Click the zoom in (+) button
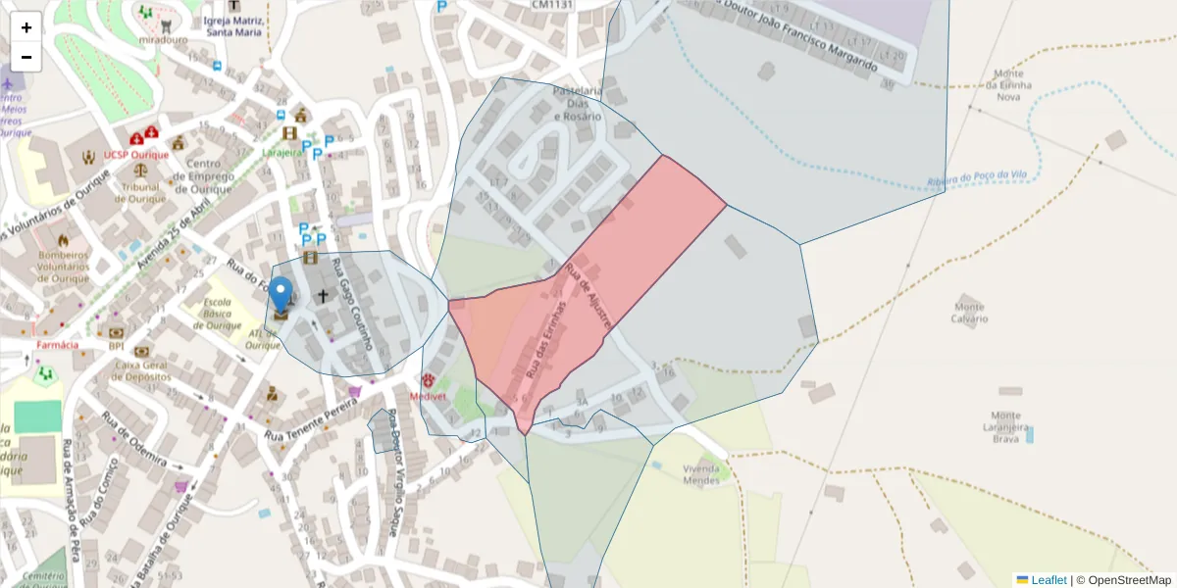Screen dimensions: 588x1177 (x=26, y=27)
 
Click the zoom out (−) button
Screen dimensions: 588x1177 (x=26, y=57)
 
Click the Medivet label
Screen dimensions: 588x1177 (x=428, y=397)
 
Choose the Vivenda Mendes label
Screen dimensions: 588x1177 (x=701, y=474)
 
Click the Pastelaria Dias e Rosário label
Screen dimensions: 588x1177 (x=577, y=103)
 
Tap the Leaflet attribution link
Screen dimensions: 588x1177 (x=1048, y=580)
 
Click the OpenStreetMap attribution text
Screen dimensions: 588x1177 (x=1123, y=580)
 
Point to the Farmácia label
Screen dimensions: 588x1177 (x=57, y=345)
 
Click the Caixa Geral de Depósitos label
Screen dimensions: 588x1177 (x=142, y=370)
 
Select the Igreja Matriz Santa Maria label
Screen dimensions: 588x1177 (x=233, y=25)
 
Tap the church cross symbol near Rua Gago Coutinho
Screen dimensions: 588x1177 (x=322, y=295)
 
